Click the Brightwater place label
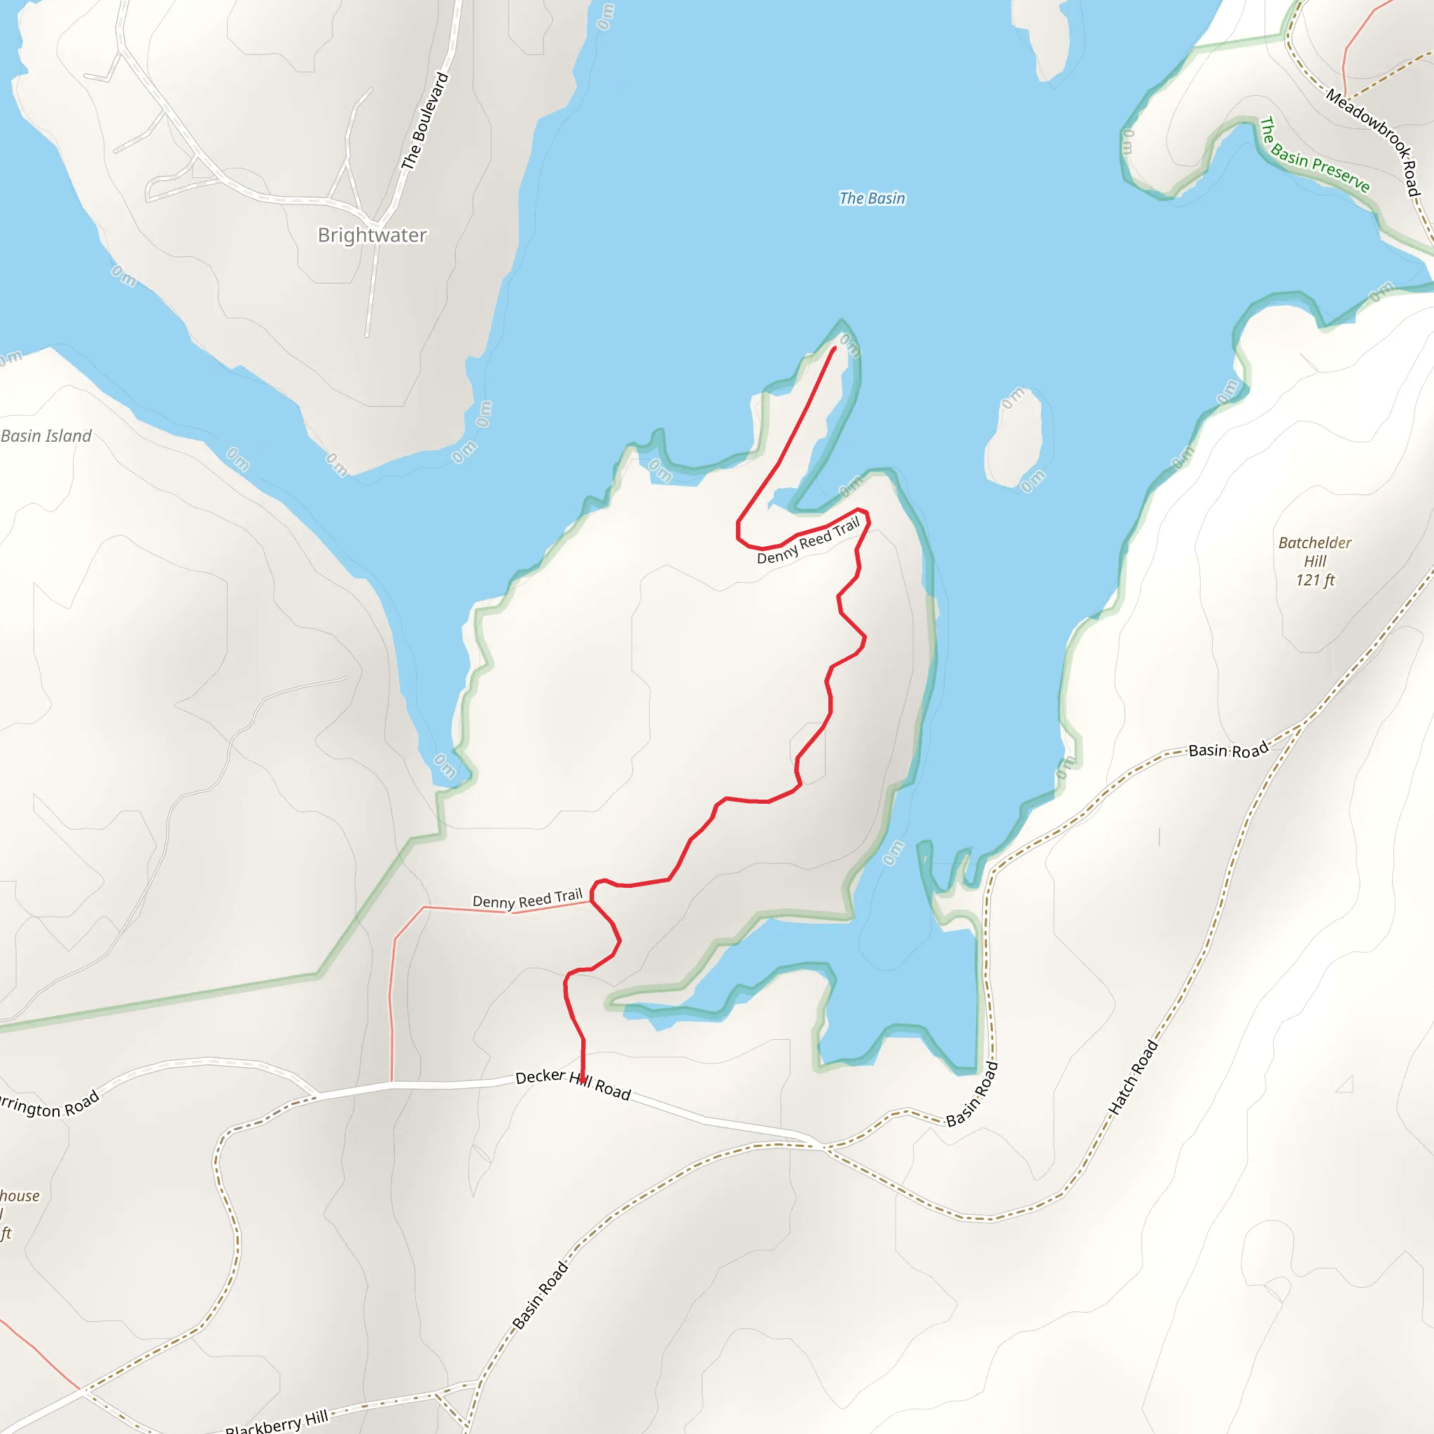pos(372,235)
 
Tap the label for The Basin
pos(872,198)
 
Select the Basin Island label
pos(46,436)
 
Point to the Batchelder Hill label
pos(1314,552)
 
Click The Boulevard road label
pos(425,121)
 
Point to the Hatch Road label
pos(1133,1078)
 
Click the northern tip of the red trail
pos(835,347)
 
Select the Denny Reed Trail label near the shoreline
pos(808,541)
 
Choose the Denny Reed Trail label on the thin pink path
pos(527,900)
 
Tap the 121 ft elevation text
pos(1314,580)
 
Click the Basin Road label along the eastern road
pos(1228,751)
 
